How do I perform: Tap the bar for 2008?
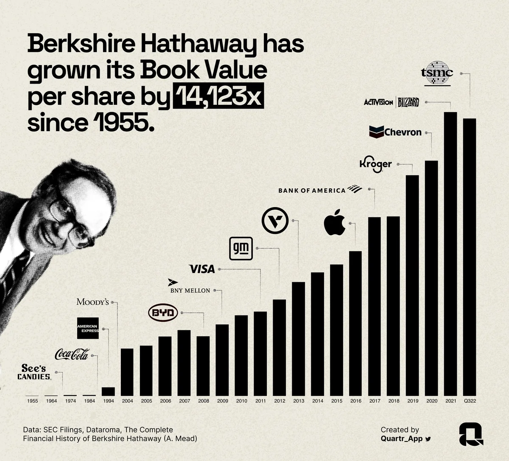tap(203, 365)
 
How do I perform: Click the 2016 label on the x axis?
tap(355, 401)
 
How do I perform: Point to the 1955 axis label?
tap(32, 401)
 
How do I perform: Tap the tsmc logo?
tap(437, 73)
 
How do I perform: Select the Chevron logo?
tap(395, 132)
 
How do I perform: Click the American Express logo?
tap(88, 328)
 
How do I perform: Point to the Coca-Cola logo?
tap(72, 354)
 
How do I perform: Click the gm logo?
tap(241, 248)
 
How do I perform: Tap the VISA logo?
tap(202, 269)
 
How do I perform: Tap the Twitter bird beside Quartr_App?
tap(428, 439)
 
